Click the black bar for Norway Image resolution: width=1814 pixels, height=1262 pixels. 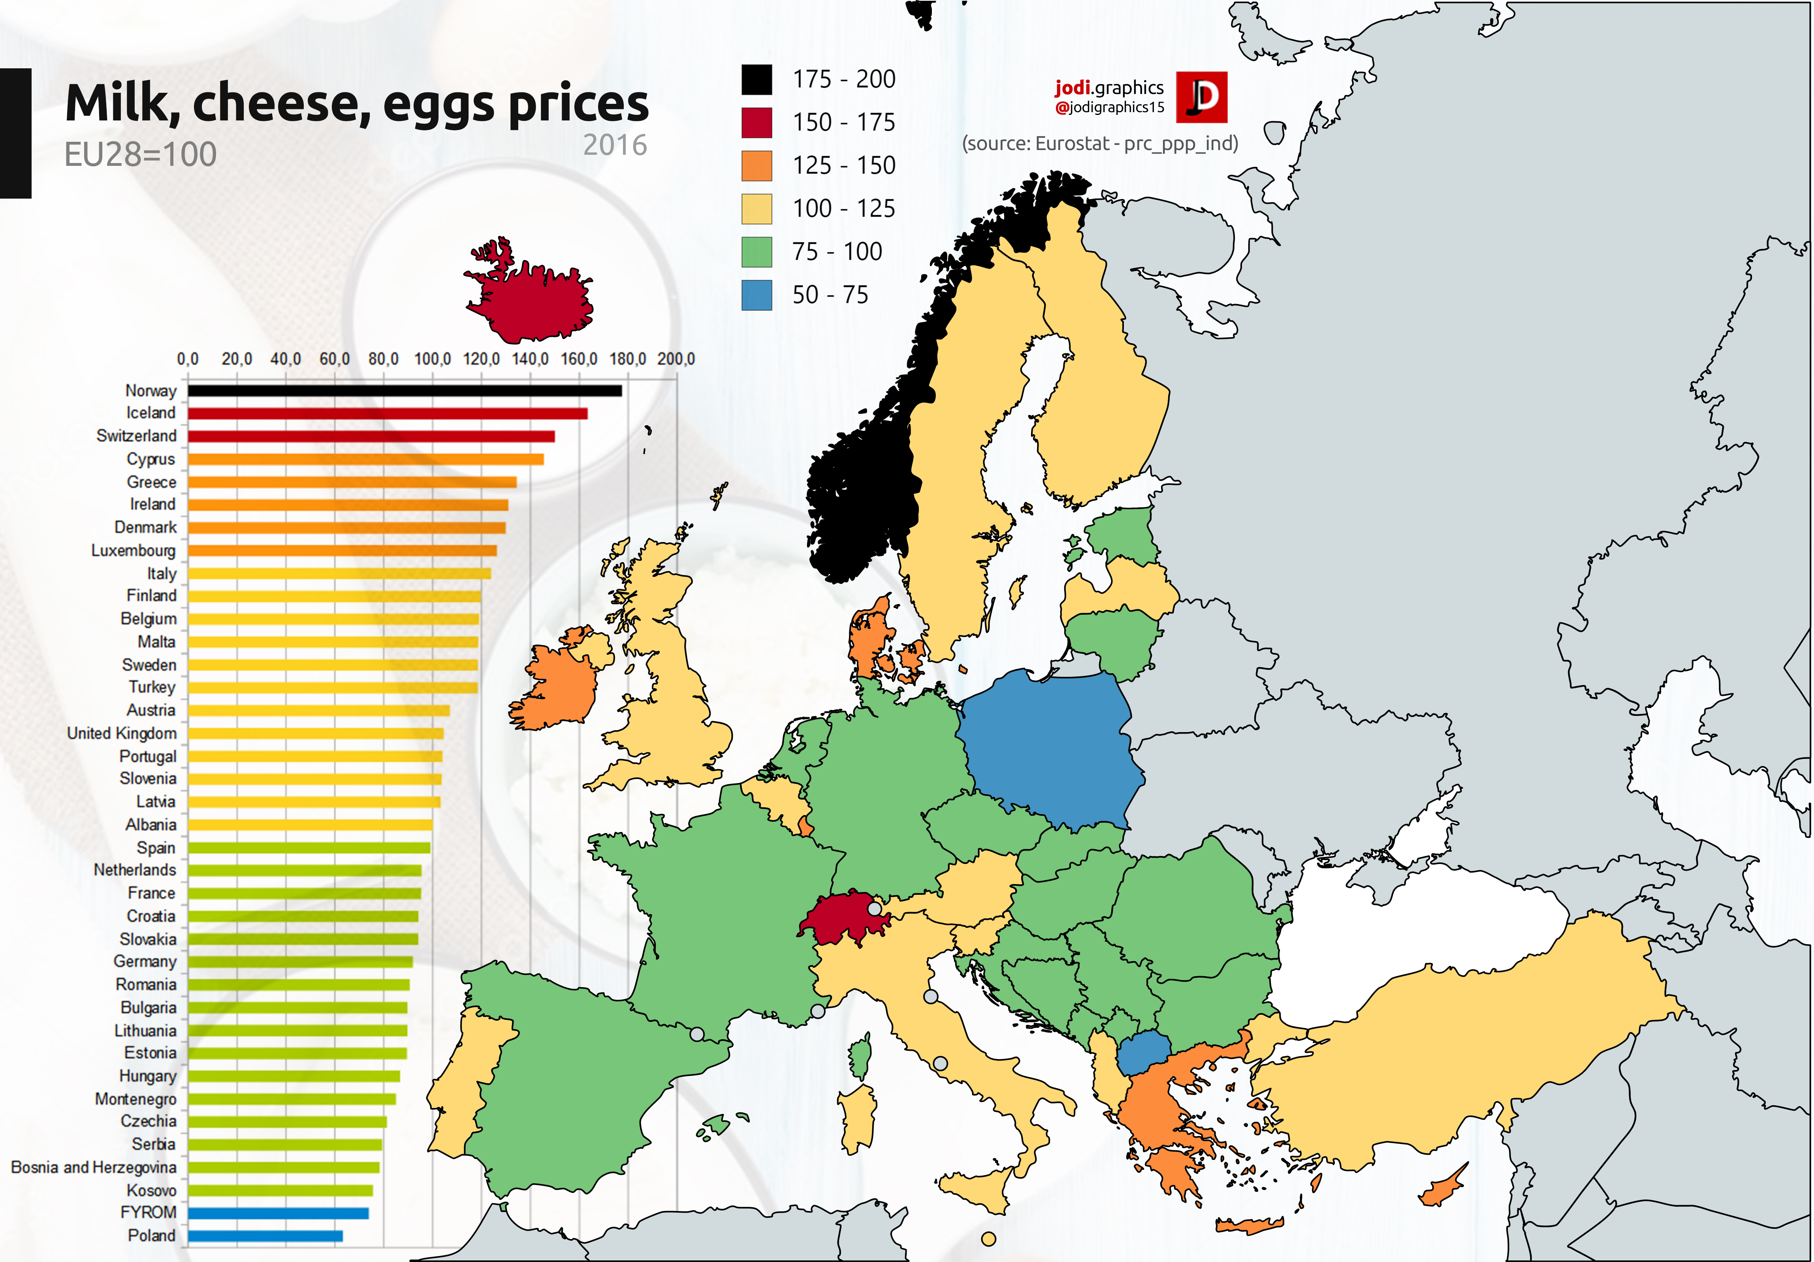click(x=405, y=390)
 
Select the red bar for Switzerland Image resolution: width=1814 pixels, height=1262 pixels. click(x=371, y=436)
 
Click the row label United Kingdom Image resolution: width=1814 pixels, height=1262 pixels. click(x=122, y=733)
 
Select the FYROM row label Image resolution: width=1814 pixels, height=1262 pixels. click(x=149, y=1212)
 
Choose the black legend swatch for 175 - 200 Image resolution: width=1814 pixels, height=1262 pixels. click(x=756, y=79)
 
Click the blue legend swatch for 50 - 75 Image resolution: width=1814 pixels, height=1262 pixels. click(x=756, y=295)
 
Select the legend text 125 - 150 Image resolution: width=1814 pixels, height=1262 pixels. click(x=844, y=165)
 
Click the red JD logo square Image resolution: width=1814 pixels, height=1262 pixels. click(x=1201, y=97)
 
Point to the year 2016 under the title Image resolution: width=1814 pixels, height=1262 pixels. click(x=615, y=145)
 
